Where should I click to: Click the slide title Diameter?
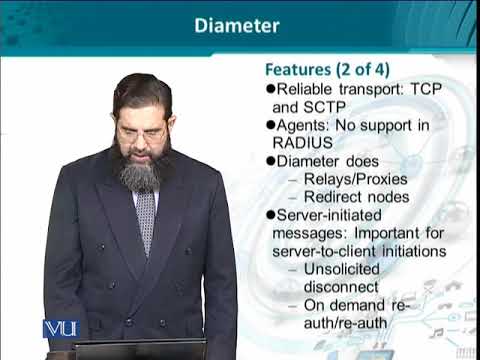click(236, 26)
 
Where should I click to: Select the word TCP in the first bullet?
click(415, 88)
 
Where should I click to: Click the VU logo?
click(60, 328)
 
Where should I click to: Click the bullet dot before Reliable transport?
click(270, 88)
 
